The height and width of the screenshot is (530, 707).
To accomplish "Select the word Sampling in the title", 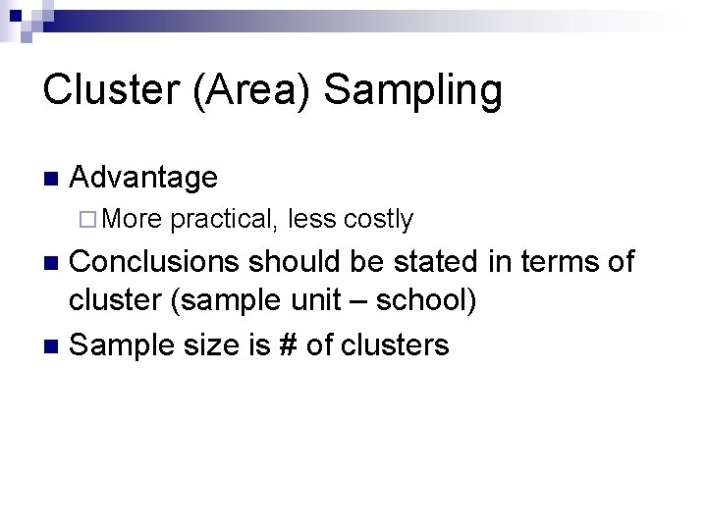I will pos(412,90).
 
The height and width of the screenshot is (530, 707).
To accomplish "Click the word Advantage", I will pos(144,179).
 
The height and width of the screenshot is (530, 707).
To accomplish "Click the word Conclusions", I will pos(155,262).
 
